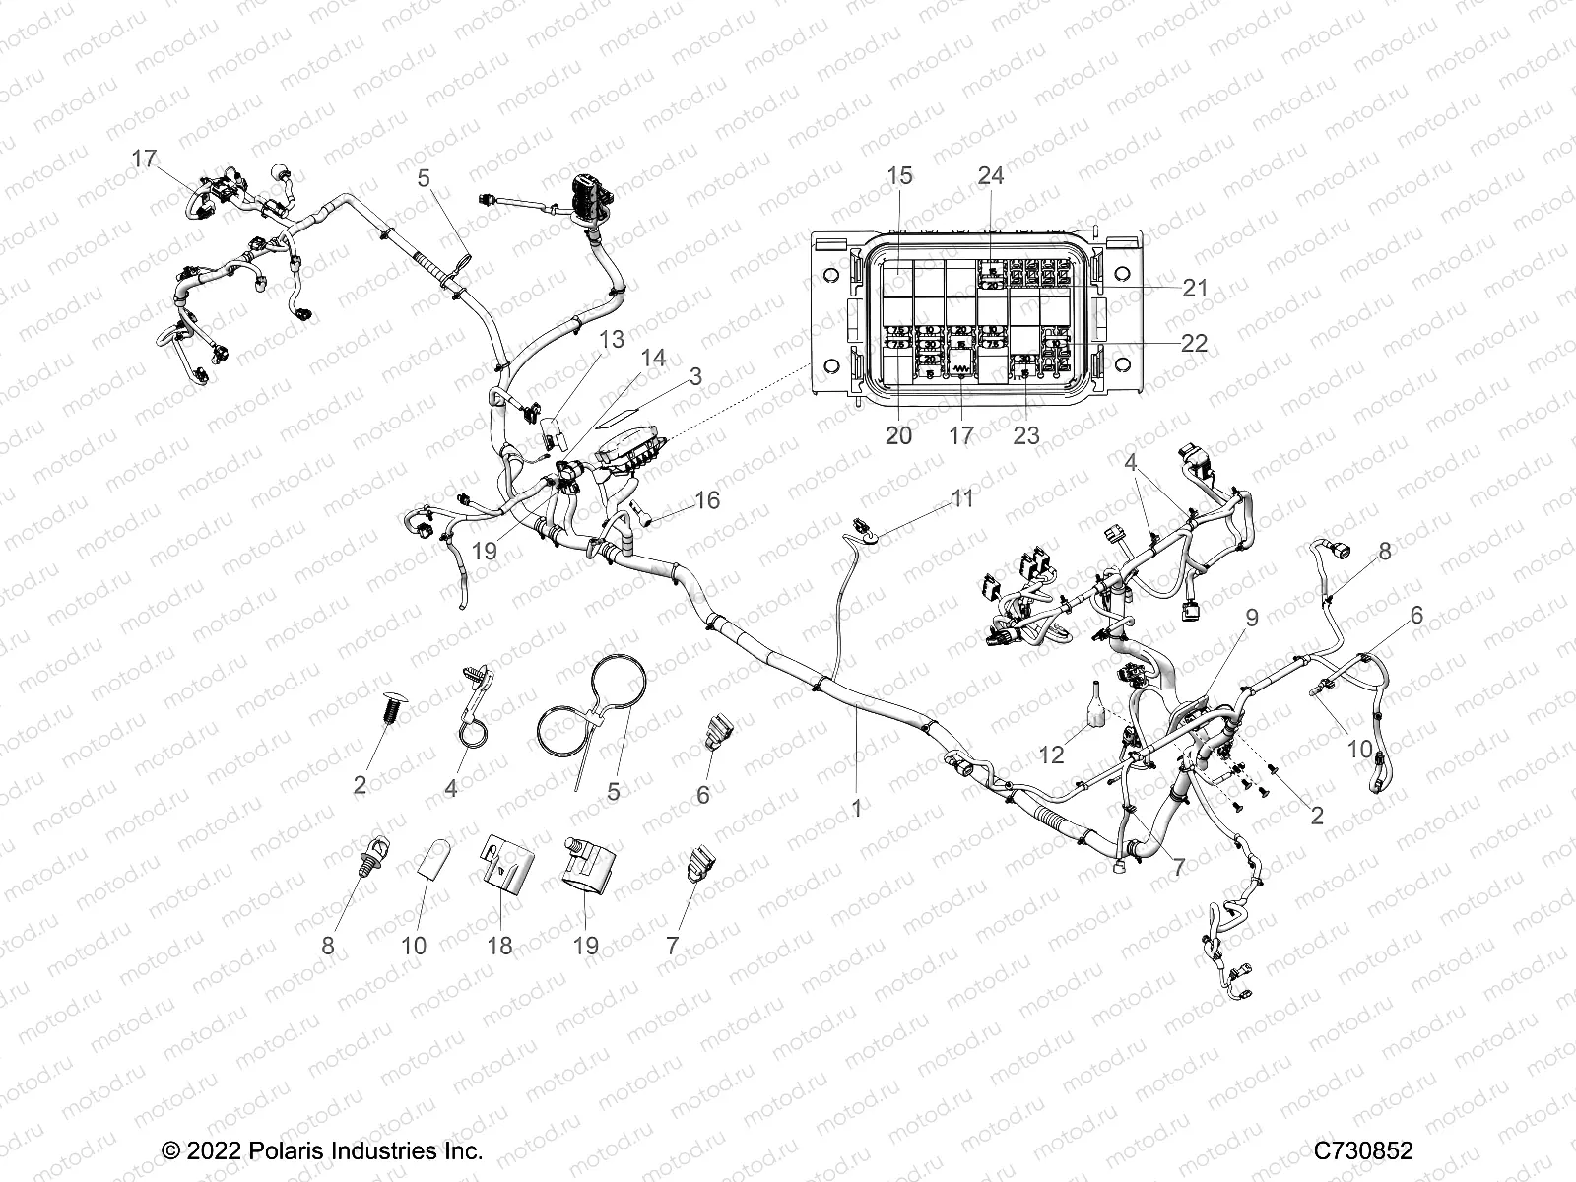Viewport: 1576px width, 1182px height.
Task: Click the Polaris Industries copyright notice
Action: (321, 1124)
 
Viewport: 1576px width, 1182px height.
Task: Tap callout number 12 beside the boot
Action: (1051, 755)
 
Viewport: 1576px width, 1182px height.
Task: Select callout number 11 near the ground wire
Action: (960, 498)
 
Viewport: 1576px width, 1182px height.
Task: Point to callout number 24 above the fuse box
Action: (990, 175)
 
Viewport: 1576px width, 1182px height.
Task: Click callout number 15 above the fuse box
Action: (899, 176)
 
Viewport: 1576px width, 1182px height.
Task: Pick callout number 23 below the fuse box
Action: (1025, 435)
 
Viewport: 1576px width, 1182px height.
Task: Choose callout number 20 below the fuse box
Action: (898, 435)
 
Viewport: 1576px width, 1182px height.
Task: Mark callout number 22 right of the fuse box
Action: (1195, 343)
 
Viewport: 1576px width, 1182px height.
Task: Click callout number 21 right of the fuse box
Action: (1194, 288)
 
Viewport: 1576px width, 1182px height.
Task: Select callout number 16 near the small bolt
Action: (706, 501)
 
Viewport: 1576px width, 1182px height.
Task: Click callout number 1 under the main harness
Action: (856, 808)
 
